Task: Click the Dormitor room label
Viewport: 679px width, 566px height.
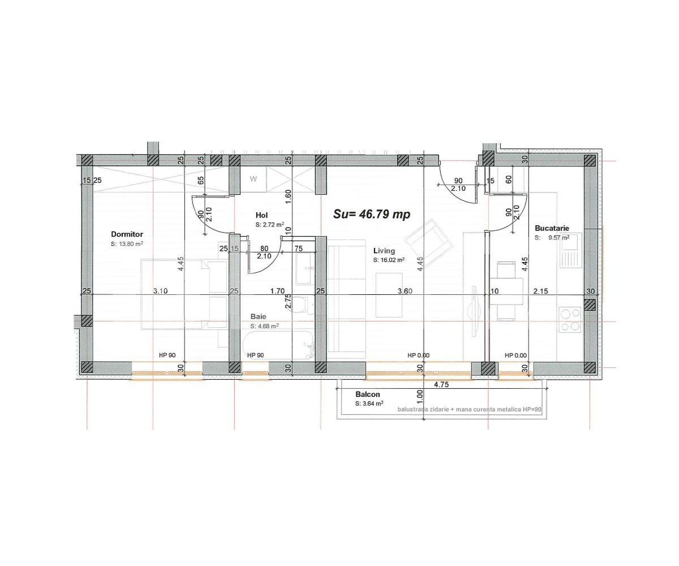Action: click(127, 234)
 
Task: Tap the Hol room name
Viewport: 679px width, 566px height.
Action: click(261, 215)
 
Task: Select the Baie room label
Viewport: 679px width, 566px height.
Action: click(259, 317)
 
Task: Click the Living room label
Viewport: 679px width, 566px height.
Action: click(384, 250)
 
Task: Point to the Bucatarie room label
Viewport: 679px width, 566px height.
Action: click(552, 228)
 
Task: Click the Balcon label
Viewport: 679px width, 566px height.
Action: click(367, 395)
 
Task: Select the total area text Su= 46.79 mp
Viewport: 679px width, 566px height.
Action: click(371, 215)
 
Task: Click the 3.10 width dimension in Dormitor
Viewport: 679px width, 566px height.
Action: click(160, 291)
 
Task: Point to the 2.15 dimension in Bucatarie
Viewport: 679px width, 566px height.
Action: click(541, 291)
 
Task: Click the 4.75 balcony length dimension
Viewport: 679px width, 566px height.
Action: click(442, 385)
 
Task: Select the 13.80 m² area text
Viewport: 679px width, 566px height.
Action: click(127, 244)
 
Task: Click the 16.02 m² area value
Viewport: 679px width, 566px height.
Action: click(389, 260)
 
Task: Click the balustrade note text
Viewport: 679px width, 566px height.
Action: click(469, 409)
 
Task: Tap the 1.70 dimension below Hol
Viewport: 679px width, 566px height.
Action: click(277, 291)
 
